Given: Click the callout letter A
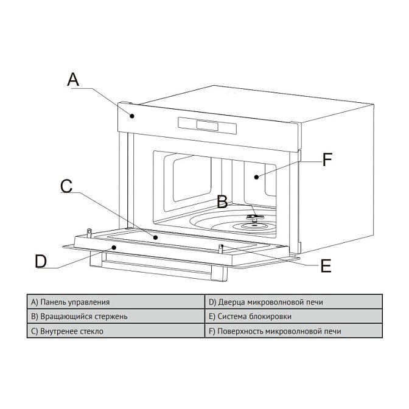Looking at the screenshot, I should [x=72, y=79].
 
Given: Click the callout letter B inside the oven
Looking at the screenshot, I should [x=223, y=203].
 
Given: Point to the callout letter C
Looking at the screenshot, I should [x=67, y=186].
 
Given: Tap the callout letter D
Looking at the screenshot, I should [x=40, y=261].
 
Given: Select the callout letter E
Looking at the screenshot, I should [x=326, y=266].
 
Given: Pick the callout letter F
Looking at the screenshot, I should [x=327, y=160].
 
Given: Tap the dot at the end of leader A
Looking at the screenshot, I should [x=131, y=113].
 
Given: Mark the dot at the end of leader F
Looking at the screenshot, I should [x=257, y=177].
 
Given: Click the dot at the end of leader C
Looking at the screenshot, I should [x=156, y=237].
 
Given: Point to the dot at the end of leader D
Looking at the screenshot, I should [x=113, y=247].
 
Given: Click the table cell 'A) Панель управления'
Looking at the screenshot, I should [x=116, y=301].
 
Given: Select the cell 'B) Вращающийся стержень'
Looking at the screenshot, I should [x=116, y=316].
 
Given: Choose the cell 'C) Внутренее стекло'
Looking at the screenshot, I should [x=116, y=332].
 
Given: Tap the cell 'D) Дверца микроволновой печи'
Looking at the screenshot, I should [x=293, y=301].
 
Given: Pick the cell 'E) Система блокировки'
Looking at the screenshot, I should [x=293, y=316].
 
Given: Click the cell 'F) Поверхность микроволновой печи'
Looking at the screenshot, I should [x=293, y=332].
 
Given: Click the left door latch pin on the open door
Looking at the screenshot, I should [x=89, y=232].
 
